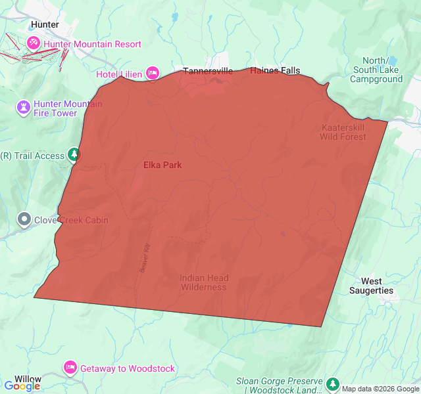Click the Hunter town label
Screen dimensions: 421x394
45,25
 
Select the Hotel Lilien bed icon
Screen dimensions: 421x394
153,72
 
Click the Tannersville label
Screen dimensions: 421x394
208,72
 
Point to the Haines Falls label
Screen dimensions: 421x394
275,71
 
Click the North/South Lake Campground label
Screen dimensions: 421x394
377,70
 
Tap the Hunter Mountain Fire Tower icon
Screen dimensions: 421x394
24,107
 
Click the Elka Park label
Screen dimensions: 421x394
162,165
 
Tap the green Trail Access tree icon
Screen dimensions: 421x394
74,156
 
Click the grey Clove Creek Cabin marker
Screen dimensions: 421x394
24,219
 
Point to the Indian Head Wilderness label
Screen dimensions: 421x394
203,282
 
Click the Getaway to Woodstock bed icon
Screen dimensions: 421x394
70,368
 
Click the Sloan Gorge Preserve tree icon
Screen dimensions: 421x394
333,383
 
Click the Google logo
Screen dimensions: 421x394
22,386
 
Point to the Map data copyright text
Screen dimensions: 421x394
380,389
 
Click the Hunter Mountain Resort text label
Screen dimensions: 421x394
93,44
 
